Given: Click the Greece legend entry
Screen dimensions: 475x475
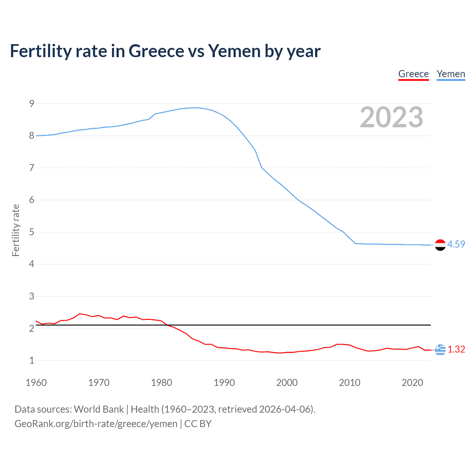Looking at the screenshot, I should [x=413, y=74].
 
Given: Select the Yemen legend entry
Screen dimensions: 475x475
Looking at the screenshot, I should [x=451, y=74].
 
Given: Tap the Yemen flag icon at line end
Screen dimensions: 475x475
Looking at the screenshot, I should [x=440, y=245].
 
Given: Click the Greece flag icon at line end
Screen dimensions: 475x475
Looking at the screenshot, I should [x=440, y=350].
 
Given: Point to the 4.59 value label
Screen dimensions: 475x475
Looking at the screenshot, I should [x=456, y=244].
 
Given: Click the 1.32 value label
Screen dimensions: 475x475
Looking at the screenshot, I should [x=456, y=349].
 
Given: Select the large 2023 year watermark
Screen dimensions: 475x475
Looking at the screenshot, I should [x=391, y=117].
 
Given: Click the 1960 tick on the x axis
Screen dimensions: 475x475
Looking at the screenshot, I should [x=36, y=383].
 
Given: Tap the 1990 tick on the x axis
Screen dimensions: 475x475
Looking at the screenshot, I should [x=224, y=383].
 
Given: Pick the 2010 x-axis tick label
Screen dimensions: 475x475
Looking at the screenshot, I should [x=350, y=383].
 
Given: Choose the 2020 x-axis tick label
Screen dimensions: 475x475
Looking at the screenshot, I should [x=412, y=383].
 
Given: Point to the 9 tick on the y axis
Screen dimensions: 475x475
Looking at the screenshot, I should [x=32, y=104].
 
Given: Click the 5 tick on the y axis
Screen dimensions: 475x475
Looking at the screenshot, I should [x=32, y=232].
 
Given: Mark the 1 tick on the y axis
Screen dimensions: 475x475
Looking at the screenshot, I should [x=32, y=361].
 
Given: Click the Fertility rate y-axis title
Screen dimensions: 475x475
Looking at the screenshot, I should [x=16, y=230].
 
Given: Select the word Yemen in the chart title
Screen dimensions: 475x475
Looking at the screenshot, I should [x=234, y=51].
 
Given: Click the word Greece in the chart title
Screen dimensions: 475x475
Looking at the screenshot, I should [x=156, y=51].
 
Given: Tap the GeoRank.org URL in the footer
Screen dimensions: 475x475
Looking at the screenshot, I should [x=96, y=424].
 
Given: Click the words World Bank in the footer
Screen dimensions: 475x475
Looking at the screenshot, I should [x=99, y=409].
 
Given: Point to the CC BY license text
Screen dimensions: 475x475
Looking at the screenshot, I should [x=198, y=424].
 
